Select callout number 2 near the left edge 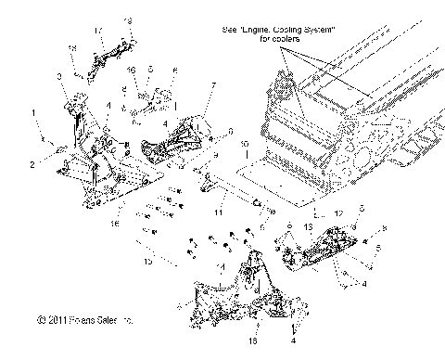(33, 163)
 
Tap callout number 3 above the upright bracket (59, 75)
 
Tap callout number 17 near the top (96, 30)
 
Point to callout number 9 (230, 131)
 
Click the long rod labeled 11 (227, 194)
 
